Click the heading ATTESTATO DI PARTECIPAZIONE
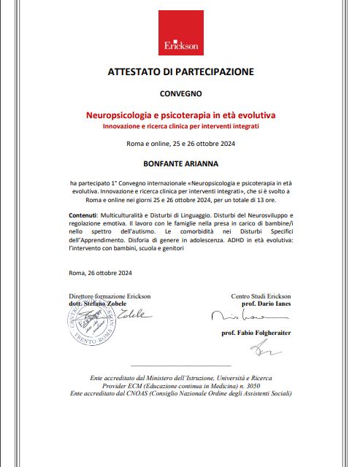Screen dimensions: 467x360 (181, 72)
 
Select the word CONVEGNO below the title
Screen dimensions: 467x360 (181, 95)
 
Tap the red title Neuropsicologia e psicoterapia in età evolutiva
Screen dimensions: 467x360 (181, 115)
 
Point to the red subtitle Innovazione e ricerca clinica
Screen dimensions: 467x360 (181, 127)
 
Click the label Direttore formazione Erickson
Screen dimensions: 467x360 (110, 296)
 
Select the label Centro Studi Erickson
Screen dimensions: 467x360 (261, 296)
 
